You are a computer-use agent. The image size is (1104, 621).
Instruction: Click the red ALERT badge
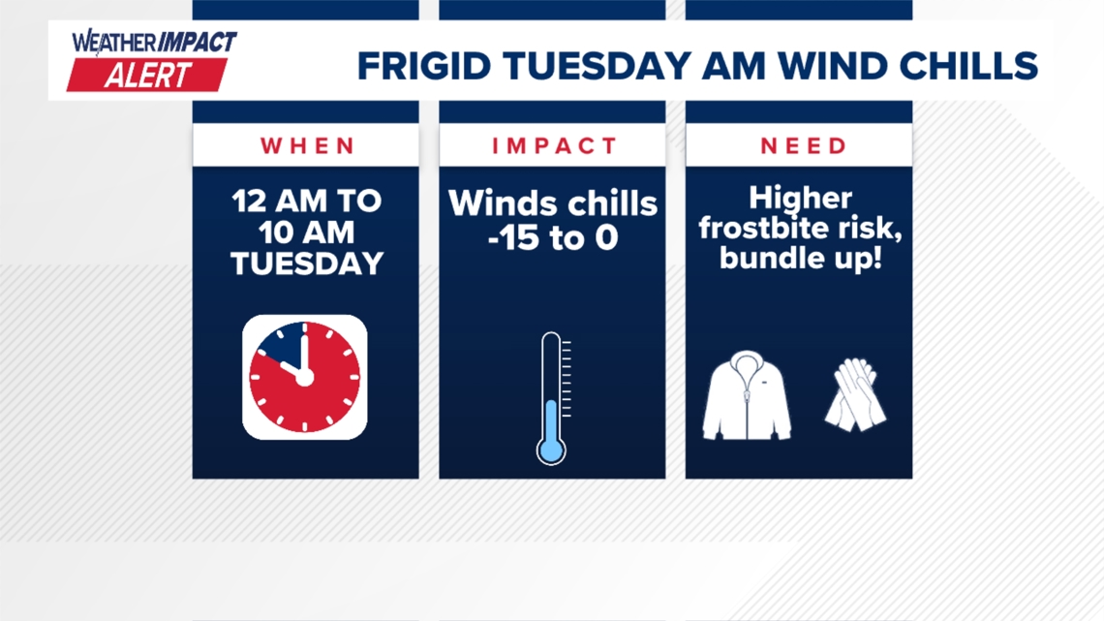coord(147,76)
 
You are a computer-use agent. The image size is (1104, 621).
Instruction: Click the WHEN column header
coord(306,146)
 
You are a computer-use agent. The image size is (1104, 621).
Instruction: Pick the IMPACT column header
coord(553,146)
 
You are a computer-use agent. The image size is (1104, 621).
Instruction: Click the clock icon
coord(304,377)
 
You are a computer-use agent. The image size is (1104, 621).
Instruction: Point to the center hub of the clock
coord(304,377)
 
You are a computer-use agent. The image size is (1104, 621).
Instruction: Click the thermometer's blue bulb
coord(551,449)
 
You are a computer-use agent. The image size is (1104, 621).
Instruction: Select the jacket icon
coord(747,396)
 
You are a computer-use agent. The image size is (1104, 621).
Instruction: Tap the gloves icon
coord(855,394)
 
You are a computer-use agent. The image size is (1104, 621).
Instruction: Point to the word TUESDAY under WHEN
coord(306,263)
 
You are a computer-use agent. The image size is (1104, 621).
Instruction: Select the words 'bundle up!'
coord(800,259)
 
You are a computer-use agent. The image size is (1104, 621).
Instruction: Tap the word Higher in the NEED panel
coord(800,200)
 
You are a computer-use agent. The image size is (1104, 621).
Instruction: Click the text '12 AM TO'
coord(306,202)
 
